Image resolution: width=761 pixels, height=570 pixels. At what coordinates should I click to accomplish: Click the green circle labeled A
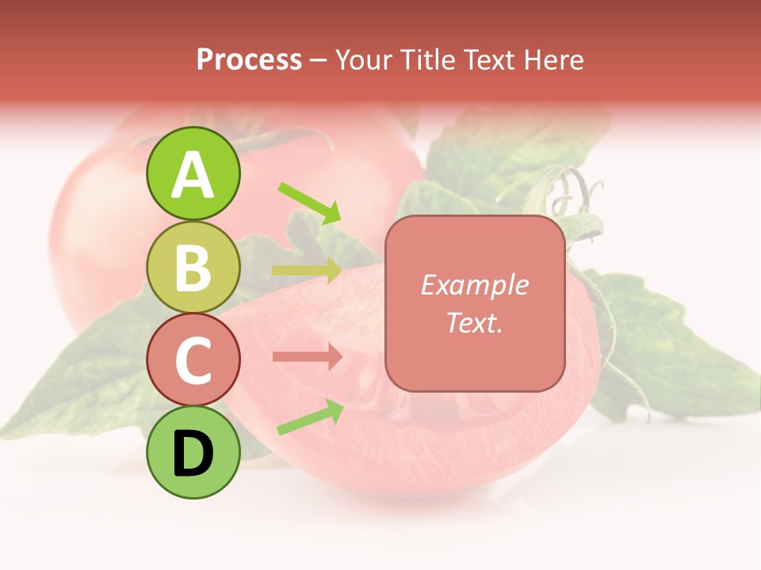tap(193, 174)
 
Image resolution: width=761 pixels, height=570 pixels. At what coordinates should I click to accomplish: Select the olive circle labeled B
tap(193, 267)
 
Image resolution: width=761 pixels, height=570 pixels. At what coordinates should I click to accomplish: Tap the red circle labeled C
tap(193, 359)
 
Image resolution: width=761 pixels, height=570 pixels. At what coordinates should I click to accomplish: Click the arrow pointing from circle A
tap(309, 203)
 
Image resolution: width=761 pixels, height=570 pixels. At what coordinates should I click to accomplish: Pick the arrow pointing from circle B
tap(307, 271)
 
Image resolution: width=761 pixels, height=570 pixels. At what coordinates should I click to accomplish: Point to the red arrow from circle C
tap(307, 357)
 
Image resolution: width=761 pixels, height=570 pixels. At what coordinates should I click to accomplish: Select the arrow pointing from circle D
tap(310, 417)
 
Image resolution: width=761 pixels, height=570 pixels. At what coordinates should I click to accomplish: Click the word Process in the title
tap(249, 59)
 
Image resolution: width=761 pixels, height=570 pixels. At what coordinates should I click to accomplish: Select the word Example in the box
tap(474, 285)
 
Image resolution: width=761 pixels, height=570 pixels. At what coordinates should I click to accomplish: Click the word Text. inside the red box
tap(474, 322)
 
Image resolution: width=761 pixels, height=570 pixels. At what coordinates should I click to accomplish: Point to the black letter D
tap(193, 454)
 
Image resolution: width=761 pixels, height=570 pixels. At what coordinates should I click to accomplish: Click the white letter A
tap(193, 175)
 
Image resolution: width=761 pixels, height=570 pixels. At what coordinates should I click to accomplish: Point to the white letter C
tap(193, 360)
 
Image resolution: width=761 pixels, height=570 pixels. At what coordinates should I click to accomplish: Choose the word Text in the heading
tap(488, 59)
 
